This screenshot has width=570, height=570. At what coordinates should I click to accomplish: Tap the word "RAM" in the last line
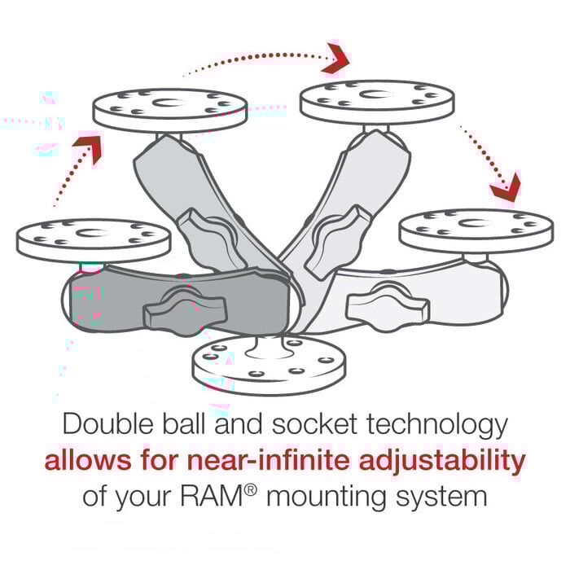tap(219, 497)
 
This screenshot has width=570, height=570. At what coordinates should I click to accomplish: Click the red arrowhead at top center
tap(335, 58)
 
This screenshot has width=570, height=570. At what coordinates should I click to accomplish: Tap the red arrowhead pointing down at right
tap(505, 187)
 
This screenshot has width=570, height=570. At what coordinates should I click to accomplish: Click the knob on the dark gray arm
tap(173, 309)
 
